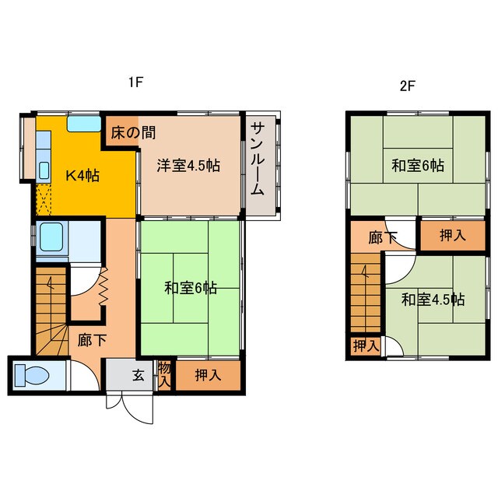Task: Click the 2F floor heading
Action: (x=406, y=86)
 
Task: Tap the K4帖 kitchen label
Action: (x=81, y=175)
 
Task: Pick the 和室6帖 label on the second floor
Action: (x=418, y=165)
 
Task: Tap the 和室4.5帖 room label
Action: (x=433, y=299)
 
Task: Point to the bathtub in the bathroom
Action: (x=52, y=236)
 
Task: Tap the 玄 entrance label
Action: (x=139, y=375)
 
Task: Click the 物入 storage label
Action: (x=164, y=373)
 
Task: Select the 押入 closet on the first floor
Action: (x=207, y=375)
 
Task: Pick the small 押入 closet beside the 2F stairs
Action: (x=363, y=345)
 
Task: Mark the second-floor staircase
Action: (x=365, y=296)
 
